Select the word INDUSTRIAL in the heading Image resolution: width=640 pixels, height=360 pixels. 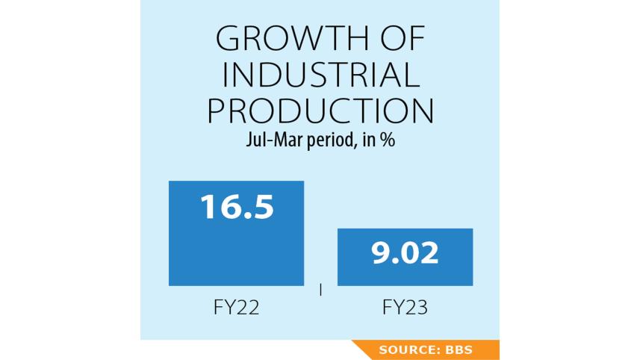(320, 75)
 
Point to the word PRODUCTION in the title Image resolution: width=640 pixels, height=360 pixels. (320, 111)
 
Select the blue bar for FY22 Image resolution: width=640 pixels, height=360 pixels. (236, 246)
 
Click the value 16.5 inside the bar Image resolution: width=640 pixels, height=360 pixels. (236, 206)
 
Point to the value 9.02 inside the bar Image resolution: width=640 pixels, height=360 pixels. (405, 254)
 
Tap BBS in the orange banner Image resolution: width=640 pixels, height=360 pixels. (458, 350)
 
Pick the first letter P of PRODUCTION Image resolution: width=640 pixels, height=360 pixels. (218, 111)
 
